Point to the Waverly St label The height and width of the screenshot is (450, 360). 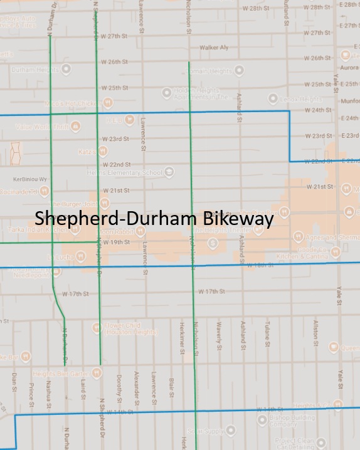(219, 335)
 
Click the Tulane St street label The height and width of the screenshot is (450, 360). (267, 335)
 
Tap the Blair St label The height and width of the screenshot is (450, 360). (171, 385)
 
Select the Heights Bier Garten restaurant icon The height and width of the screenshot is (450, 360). (97, 373)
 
